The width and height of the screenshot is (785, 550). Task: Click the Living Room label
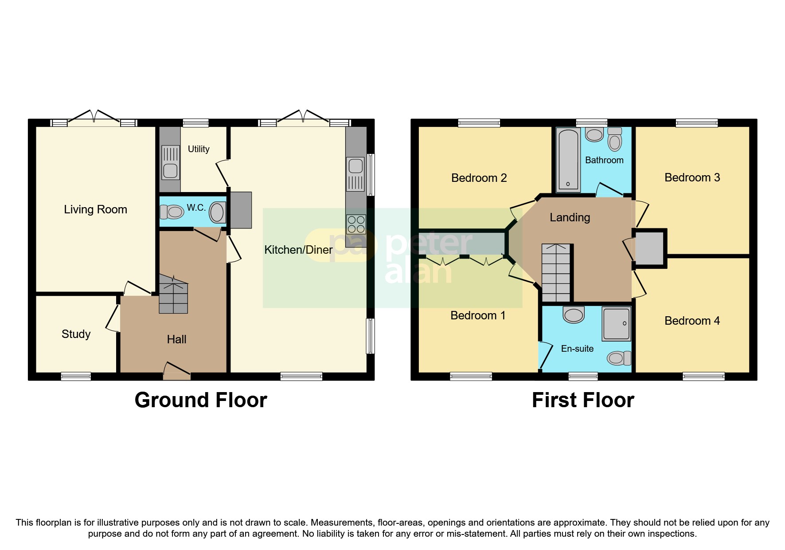click(x=95, y=209)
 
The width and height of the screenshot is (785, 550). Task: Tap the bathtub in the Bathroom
click(x=568, y=160)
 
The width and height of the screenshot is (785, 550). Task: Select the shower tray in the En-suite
click(x=616, y=324)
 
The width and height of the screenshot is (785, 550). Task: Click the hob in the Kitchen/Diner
click(x=356, y=224)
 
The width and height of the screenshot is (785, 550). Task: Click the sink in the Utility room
click(x=170, y=163)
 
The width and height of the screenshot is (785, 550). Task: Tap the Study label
click(x=76, y=334)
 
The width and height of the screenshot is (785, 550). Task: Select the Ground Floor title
click(x=201, y=400)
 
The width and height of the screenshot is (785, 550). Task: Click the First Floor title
click(x=582, y=400)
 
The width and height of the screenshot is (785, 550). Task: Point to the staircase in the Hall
click(x=173, y=295)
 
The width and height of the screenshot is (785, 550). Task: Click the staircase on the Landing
click(x=556, y=273)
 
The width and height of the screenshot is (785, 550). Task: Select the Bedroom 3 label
click(x=692, y=177)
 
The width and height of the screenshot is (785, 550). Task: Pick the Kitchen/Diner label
click(x=298, y=250)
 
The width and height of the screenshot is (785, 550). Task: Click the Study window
click(x=76, y=377)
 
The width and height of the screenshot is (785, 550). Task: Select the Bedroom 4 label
click(x=692, y=321)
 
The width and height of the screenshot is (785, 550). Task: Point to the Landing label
click(x=570, y=217)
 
